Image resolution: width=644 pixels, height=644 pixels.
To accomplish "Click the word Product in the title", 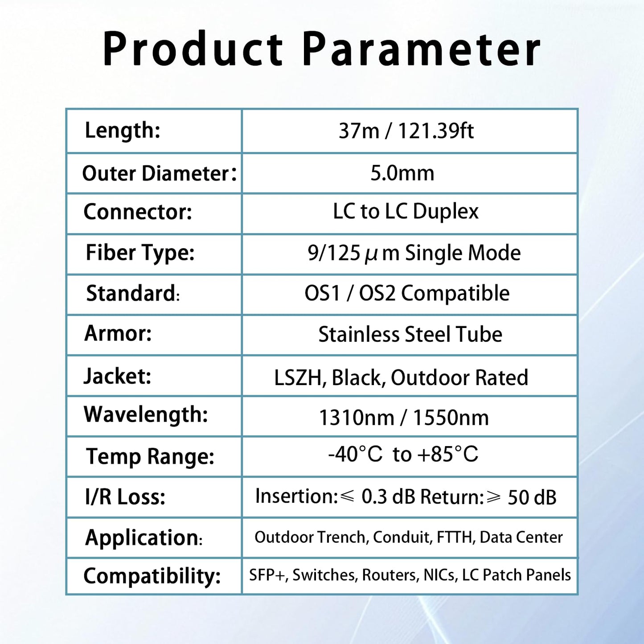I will click(193, 49).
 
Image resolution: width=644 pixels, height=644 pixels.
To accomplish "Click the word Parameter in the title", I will click(421, 49).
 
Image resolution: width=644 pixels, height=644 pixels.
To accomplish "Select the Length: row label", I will click(123, 131).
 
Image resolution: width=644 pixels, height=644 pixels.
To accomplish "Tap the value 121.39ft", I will click(435, 131).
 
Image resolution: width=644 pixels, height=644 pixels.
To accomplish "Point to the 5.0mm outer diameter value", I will click(402, 173).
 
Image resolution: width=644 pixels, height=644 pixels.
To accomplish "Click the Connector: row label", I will click(138, 212).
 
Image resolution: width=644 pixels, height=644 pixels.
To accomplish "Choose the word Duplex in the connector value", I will click(445, 212).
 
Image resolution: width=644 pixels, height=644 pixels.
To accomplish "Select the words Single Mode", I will click(463, 253).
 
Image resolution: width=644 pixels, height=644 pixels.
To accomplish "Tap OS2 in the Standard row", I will click(377, 294).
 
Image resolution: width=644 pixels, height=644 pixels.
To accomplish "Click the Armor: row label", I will click(118, 333).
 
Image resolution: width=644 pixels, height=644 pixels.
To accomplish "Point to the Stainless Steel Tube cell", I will click(410, 334).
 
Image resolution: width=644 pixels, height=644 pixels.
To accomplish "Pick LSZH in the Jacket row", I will click(298, 377).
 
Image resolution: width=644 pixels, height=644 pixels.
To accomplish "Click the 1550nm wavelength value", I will click(451, 418).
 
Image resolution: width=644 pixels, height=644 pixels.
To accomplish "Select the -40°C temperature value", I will click(355, 455).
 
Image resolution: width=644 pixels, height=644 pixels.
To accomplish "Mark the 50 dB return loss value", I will click(532, 497).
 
